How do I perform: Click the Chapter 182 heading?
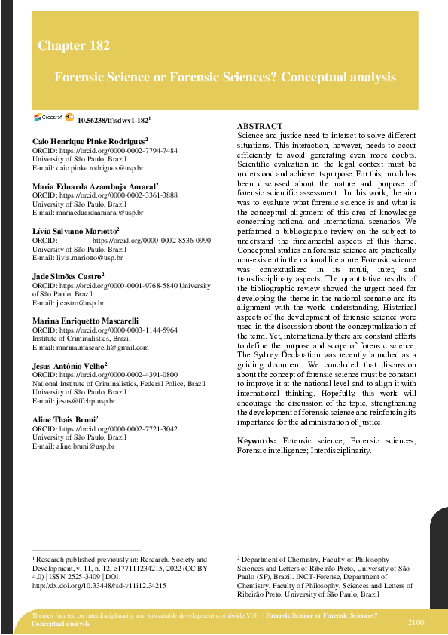coord(74,46)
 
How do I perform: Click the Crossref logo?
coord(49,118)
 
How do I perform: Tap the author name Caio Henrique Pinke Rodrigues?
coord(88,141)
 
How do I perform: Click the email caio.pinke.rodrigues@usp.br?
coord(93,168)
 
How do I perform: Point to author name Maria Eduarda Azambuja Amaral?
coord(93,186)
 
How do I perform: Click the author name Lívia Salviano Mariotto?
coord(75,230)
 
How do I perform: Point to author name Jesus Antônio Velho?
coord(69,365)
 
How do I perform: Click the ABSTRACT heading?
coord(259,126)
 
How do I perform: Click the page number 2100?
coord(416,622)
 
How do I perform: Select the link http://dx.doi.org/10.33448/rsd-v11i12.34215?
coord(99,585)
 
